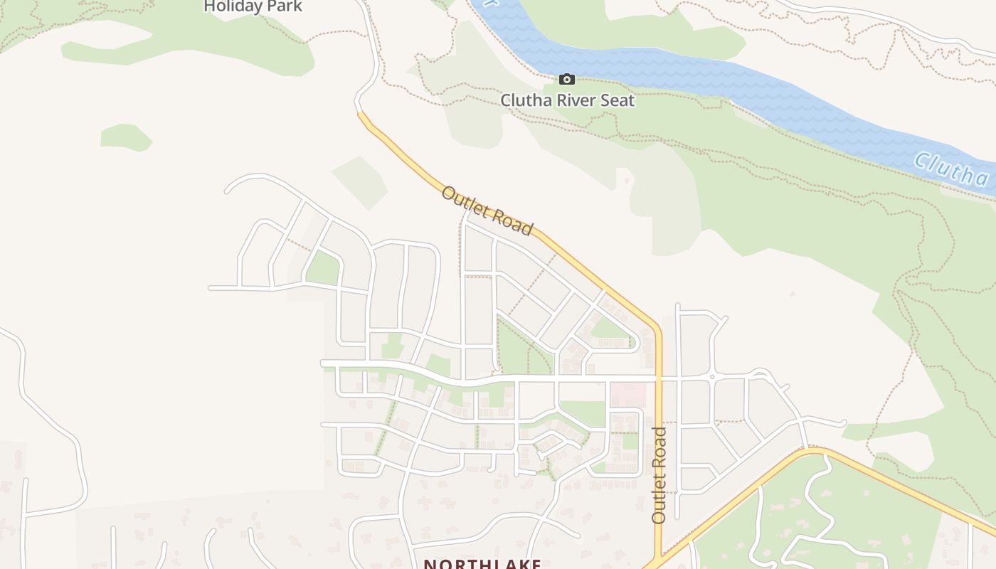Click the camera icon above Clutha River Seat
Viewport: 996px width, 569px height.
[x=567, y=79]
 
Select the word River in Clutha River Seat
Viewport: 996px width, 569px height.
[x=568, y=100]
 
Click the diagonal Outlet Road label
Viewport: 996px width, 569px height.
[x=487, y=211]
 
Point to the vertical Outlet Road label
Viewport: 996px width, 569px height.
[x=659, y=475]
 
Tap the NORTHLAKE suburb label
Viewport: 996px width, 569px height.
[x=482, y=564]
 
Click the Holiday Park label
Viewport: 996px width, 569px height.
[x=253, y=6]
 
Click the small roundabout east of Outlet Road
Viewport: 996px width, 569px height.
[x=711, y=376]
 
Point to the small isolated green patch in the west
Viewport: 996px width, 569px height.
[x=125, y=137]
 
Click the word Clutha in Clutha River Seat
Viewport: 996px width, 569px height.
[x=524, y=100]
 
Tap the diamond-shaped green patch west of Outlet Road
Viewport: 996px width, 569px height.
[x=360, y=183]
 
